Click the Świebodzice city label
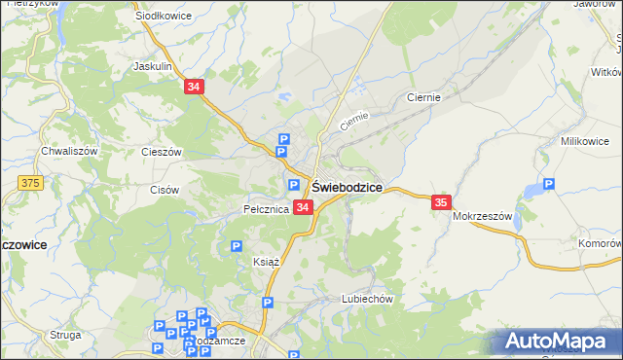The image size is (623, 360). pyautogui.click(x=347, y=186)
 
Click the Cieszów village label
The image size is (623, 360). pyautogui.click(x=162, y=152)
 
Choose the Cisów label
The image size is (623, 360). pyautogui.click(x=165, y=190)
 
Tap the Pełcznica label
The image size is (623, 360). pyautogui.click(x=266, y=209)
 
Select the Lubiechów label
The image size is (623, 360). pyautogui.click(x=366, y=300)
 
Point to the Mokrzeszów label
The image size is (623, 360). pyautogui.click(x=482, y=217)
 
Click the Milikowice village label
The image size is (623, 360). pyautogui.click(x=584, y=141)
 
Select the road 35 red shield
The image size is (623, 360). pyautogui.click(x=441, y=202)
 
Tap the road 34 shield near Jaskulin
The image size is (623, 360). pyautogui.click(x=194, y=88)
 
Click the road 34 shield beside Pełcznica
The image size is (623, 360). pyautogui.click(x=303, y=207)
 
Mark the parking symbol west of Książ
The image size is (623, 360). pyautogui.click(x=237, y=247)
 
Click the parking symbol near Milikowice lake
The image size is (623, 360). pyautogui.click(x=548, y=183)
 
